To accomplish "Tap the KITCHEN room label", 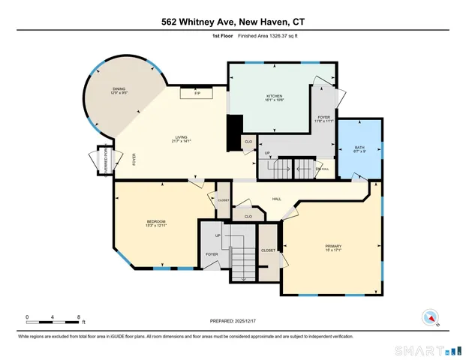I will (275, 97).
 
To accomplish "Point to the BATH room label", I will (359, 148).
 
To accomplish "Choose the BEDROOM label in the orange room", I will (156, 222).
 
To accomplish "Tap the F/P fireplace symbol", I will (197, 94).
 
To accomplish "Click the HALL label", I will (276, 199).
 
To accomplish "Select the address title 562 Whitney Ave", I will (233, 22).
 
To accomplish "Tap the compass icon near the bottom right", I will (430, 316).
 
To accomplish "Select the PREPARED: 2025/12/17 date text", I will (233, 320).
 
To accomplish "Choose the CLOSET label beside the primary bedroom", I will (268, 250).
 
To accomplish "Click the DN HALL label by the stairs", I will (323, 169).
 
